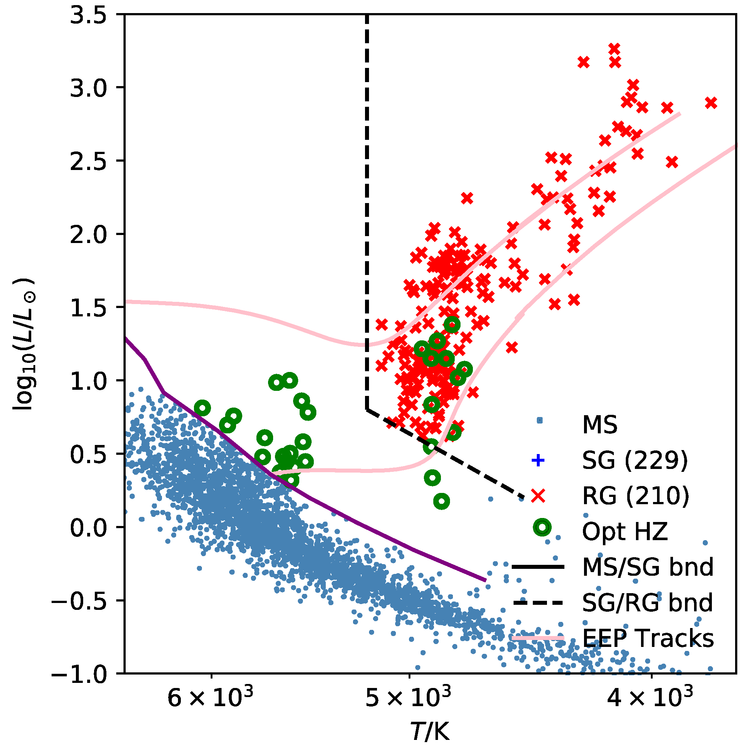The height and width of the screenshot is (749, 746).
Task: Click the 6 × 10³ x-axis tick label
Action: (210, 698)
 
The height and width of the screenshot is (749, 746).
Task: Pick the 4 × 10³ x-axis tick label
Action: (650, 698)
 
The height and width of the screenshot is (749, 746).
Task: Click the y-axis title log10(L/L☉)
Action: (24, 344)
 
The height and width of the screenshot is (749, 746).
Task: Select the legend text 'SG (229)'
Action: (634, 461)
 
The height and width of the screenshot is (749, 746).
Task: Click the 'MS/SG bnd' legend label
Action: (647, 567)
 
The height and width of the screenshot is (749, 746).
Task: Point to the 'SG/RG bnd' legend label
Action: (647, 603)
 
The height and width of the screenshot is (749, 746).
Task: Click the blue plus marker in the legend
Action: (538, 461)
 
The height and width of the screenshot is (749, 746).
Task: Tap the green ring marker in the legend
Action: (542, 528)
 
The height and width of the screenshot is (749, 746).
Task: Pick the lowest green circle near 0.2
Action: (442, 502)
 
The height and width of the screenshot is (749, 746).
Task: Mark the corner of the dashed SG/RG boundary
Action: (366, 409)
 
